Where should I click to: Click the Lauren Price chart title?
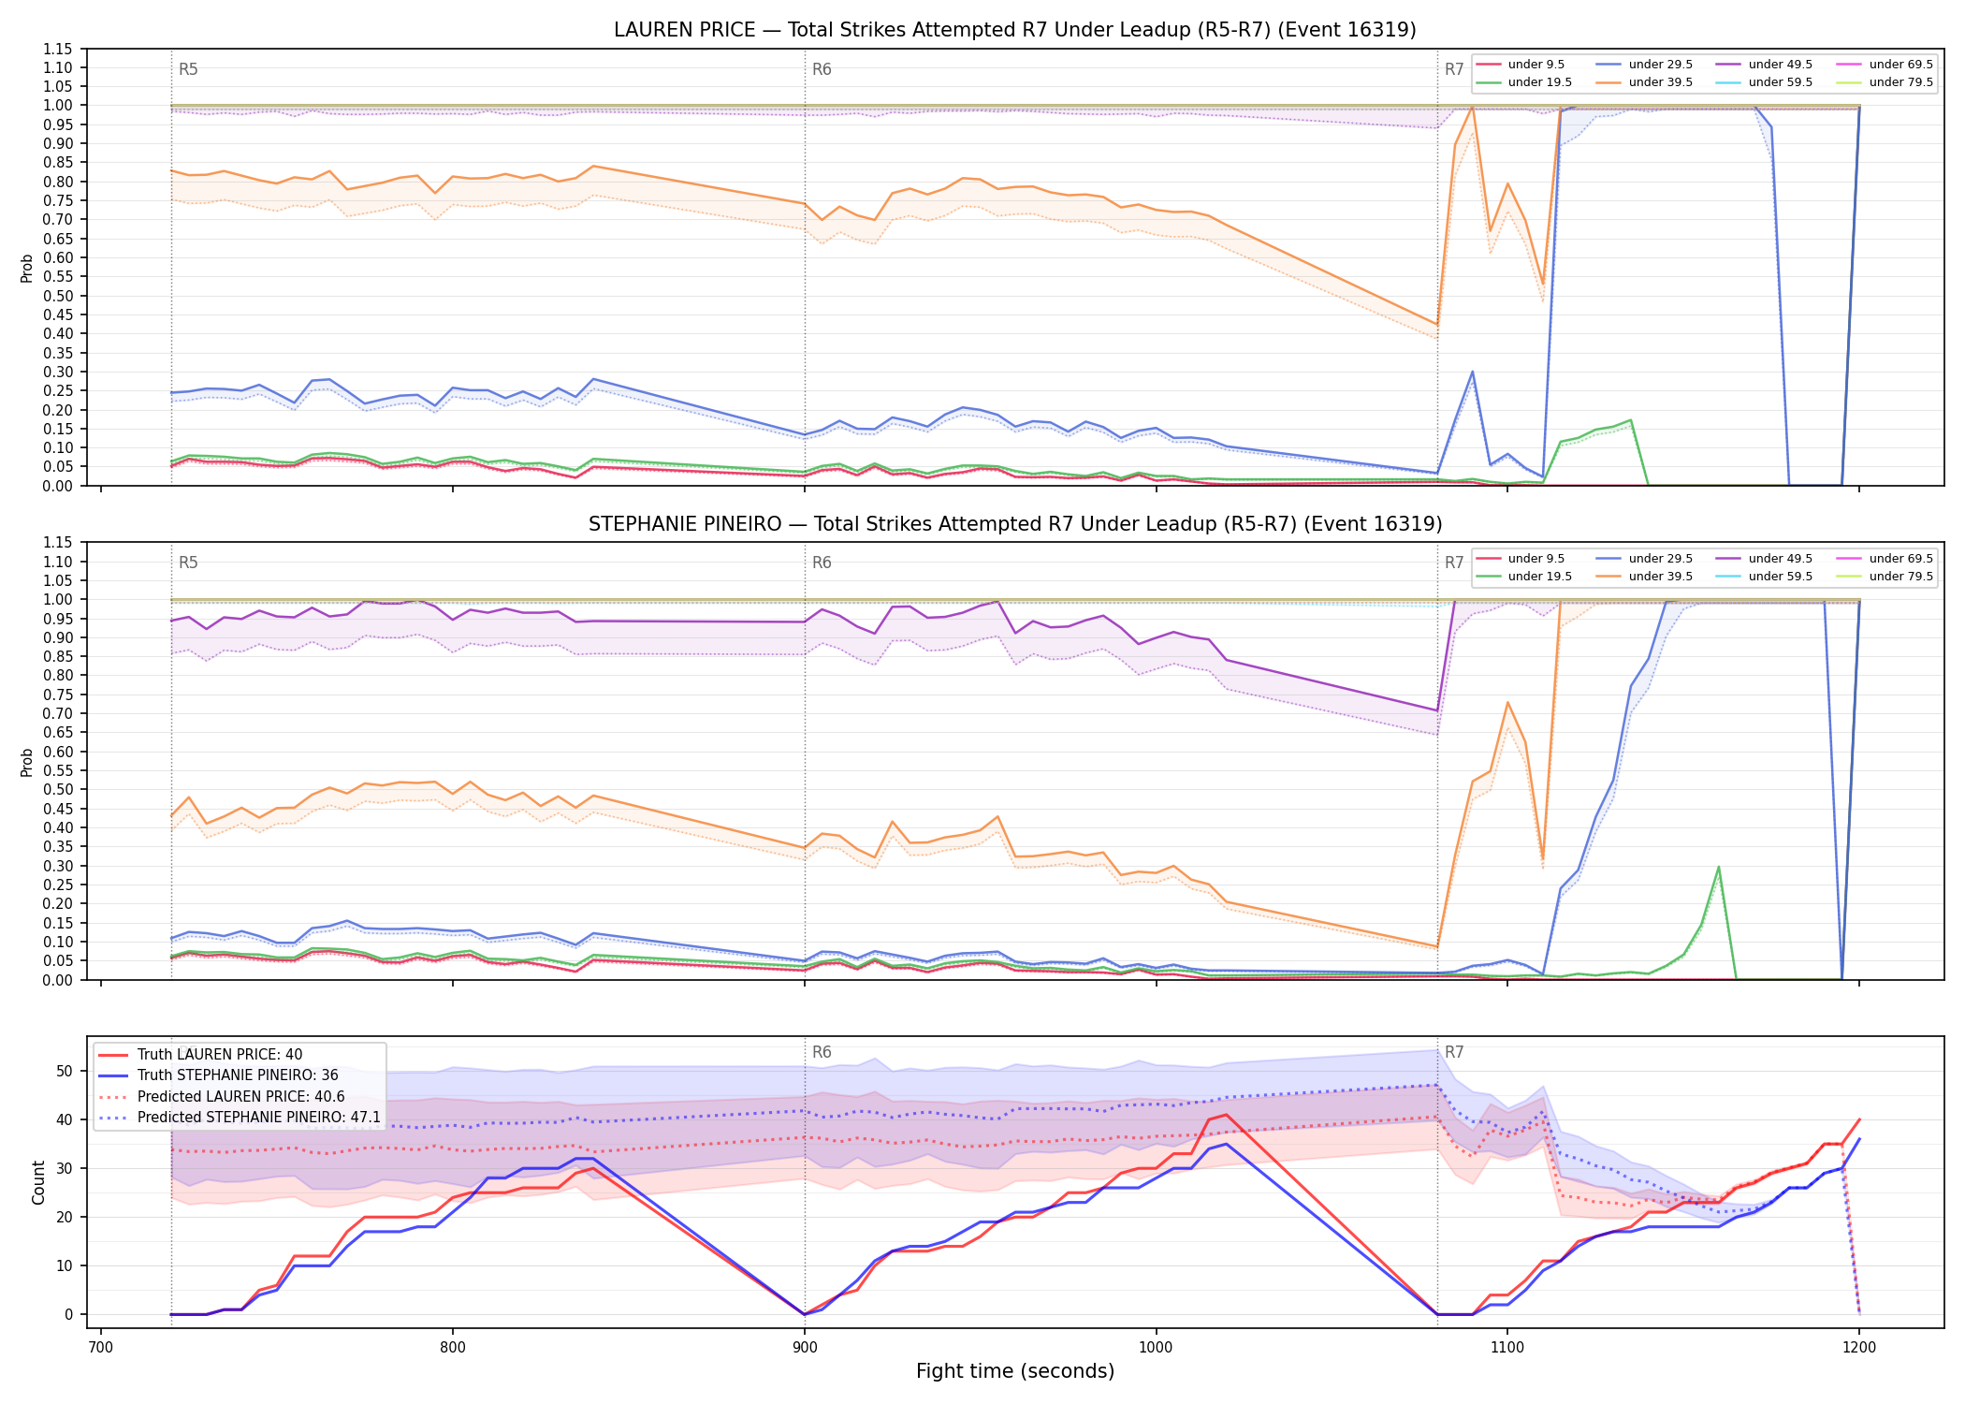click(x=1015, y=30)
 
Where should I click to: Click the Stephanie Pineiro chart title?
click(x=1015, y=524)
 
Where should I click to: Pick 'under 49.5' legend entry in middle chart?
click(x=1765, y=559)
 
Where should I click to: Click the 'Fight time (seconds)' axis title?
click(x=1015, y=1371)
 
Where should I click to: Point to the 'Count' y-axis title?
click(x=38, y=1182)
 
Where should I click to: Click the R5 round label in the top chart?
click(x=188, y=69)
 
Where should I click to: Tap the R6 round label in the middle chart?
click(x=822, y=563)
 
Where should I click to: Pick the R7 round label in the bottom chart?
click(x=1454, y=1052)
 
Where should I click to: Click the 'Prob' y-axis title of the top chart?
click(x=27, y=268)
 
